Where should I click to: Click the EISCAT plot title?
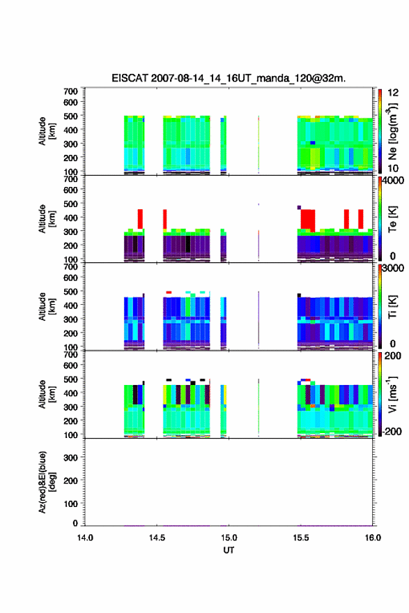click(x=229, y=78)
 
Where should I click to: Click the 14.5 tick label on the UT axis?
click(x=157, y=538)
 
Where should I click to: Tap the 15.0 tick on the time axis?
click(x=229, y=538)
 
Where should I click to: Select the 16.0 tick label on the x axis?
click(x=373, y=538)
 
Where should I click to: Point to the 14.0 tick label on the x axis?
click(x=85, y=538)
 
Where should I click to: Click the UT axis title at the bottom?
click(x=229, y=550)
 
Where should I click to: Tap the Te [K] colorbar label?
click(x=392, y=219)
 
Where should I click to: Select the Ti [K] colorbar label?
click(x=392, y=307)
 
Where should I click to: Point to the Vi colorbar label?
click(x=392, y=395)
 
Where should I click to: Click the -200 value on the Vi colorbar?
click(x=390, y=432)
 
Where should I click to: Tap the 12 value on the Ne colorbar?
click(x=393, y=93)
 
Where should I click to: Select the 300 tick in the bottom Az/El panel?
click(x=70, y=457)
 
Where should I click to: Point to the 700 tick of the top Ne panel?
click(x=70, y=91)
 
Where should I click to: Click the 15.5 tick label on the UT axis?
click(x=301, y=538)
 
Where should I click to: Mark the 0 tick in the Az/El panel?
click(x=75, y=523)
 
